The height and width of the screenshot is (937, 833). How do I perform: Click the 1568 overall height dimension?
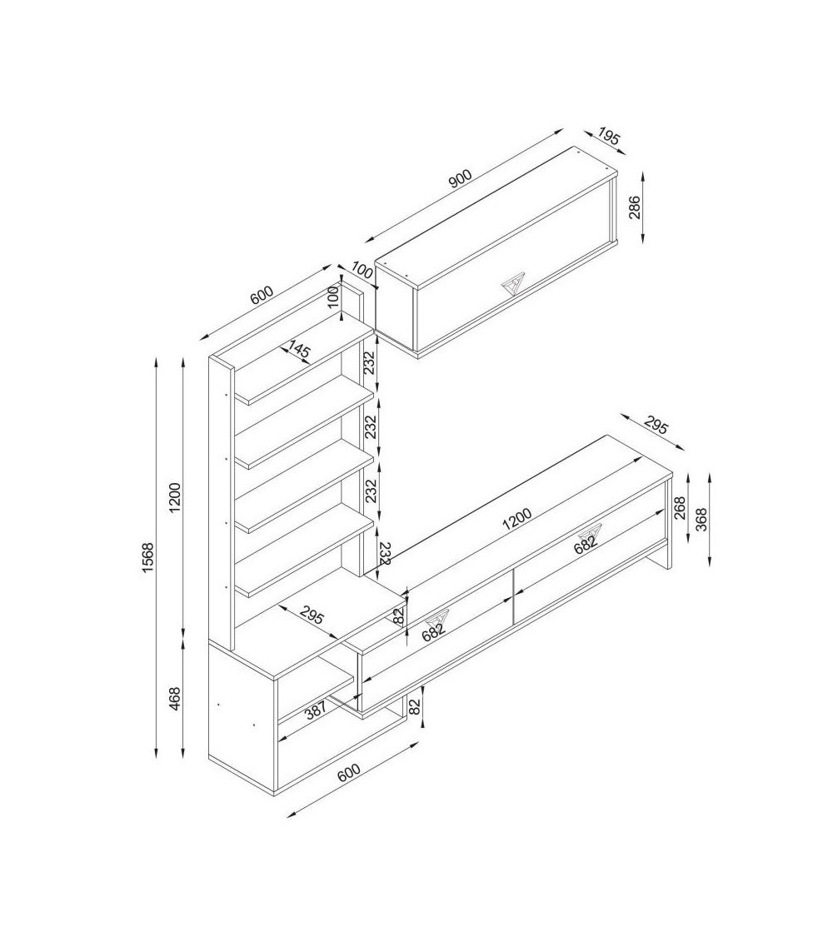click(147, 557)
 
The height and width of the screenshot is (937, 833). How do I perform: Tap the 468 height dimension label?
click(175, 699)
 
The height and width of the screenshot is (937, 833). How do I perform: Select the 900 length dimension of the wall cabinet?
click(461, 179)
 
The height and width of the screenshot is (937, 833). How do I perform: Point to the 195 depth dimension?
click(609, 137)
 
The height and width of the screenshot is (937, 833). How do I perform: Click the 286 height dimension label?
click(634, 207)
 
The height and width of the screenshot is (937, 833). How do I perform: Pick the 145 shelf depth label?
click(299, 349)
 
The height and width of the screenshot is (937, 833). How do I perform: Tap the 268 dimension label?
click(680, 508)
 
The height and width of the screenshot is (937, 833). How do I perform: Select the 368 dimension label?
click(701, 519)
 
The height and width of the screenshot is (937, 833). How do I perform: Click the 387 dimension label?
click(315, 710)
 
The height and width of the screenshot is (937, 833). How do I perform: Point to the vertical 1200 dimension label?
click(174, 497)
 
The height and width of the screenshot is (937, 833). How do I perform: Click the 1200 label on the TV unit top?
click(517, 519)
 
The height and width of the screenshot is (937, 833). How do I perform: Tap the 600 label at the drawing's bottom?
click(349, 772)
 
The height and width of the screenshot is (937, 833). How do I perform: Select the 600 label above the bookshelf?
click(261, 295)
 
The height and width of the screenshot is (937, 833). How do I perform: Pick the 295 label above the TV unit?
click(656, 426)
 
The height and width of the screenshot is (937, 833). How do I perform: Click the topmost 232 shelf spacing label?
click(370, 362)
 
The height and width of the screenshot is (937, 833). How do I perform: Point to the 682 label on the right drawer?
click(586, 542)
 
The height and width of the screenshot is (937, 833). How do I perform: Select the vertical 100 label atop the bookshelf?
click(333, 295)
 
